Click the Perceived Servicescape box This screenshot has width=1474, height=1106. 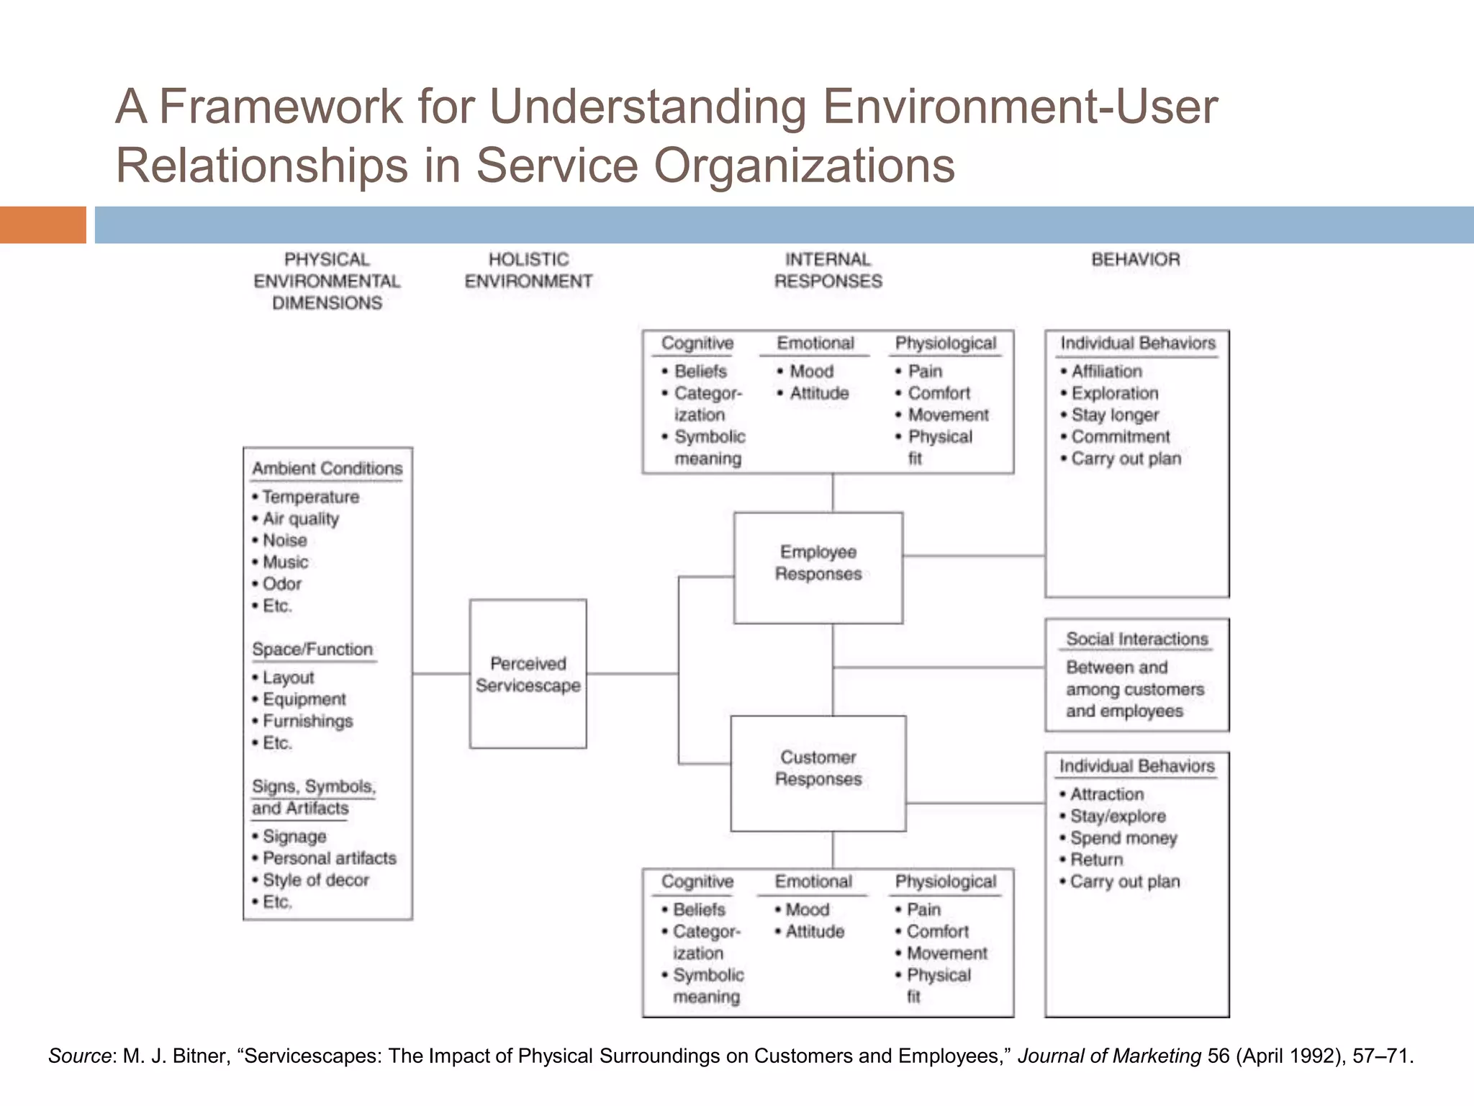coord(528,674)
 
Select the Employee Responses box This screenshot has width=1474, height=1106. coord(818,567)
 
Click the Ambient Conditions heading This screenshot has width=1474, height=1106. coord(327,469)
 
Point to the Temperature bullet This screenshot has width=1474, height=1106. coord(310,497)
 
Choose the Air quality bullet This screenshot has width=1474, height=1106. coord(300,518)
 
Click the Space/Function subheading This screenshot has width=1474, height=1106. coord(312,649)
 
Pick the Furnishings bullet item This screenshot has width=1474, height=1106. coord(307,721)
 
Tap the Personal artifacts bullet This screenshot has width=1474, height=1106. coord(329,858)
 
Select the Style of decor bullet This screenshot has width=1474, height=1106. coord(315,880)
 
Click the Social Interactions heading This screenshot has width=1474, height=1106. coord(1136,639)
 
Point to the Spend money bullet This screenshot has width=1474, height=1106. coord(1123,838)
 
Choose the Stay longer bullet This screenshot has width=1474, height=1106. coord(1115,415)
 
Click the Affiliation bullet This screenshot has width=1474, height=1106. coord(1106,372)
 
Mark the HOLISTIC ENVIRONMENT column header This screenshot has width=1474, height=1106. coord(528,270)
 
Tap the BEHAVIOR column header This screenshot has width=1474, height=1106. coord(1136,260)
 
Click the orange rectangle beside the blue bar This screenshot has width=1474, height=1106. coord(42,225)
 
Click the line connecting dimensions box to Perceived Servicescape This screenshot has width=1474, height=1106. coord(440,674)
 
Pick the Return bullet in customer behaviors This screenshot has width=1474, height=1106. coord(1096,860)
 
